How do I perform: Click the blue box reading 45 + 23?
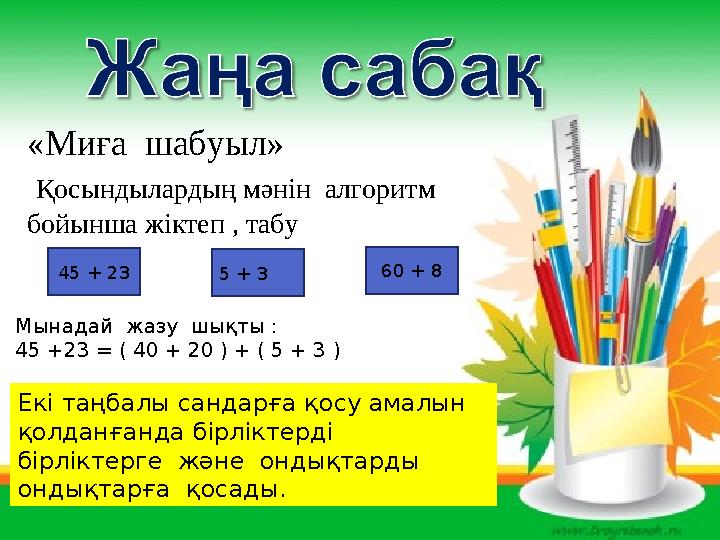(95, 271)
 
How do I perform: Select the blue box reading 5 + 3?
(259, 272)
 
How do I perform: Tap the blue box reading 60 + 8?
(412, 270)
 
